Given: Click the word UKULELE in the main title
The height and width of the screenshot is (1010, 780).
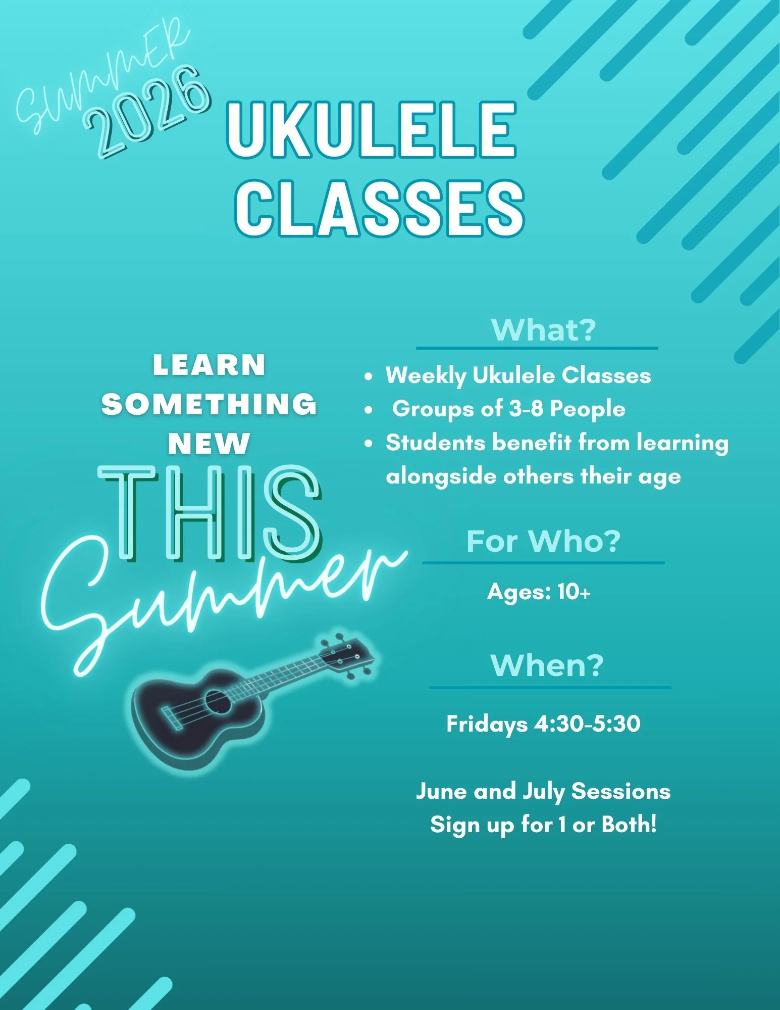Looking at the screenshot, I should tap(372, 130).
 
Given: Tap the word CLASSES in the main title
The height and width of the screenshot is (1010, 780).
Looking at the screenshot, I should tap(380, 208).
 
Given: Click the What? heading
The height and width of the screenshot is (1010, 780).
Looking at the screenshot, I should tap(543, 330).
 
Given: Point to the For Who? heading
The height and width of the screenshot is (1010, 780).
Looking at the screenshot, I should tap(543, 542).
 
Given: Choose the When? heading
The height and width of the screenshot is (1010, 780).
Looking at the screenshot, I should tap(547, 665).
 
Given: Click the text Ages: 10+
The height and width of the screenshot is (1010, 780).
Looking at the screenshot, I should tap(539, 592).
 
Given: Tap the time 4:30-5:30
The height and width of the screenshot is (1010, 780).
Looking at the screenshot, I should tap(587, 724).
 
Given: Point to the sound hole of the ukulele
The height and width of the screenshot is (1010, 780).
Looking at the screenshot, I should tap(218, 701).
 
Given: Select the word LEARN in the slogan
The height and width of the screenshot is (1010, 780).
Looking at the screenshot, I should tap(209, 365).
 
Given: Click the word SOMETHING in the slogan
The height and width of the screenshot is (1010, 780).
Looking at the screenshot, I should tap(209, 404).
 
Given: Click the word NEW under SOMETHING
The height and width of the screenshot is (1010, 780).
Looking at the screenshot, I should tap(209, 444).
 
